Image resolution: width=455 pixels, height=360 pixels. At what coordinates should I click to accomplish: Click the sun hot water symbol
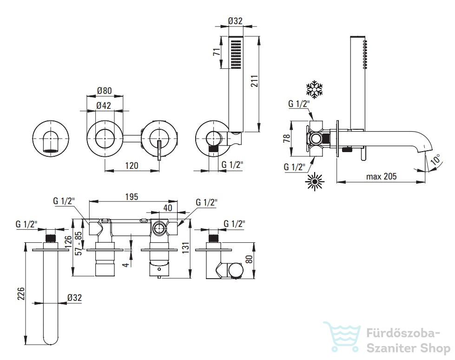click(315, 182)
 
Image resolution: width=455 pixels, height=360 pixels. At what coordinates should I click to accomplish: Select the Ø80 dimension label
click(104, 91)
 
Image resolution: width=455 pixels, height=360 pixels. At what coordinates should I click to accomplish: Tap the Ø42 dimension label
click(104, 106)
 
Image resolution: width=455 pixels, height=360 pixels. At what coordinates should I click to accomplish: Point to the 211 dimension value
click(254, 81)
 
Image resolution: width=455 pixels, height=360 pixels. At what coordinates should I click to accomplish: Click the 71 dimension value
click(217, 52)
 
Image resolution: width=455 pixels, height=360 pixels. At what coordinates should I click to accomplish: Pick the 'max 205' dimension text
click(381, 176)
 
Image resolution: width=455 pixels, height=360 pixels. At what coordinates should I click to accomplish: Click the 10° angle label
click(435, 160)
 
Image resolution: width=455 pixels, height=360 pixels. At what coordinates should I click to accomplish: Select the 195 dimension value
click(132, 197)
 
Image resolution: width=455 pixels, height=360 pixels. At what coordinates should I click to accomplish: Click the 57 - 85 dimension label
click(79, 243)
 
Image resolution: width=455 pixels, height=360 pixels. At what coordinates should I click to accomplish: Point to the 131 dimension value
click(185, 247)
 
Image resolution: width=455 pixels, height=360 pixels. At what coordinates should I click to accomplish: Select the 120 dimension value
click(132, 166)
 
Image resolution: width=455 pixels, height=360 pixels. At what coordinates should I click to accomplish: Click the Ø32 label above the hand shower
click(235, 21)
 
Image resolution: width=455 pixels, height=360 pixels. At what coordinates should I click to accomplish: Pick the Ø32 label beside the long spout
click(74, 298)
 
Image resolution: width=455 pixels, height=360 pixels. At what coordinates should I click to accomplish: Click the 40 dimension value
click(168, 208)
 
